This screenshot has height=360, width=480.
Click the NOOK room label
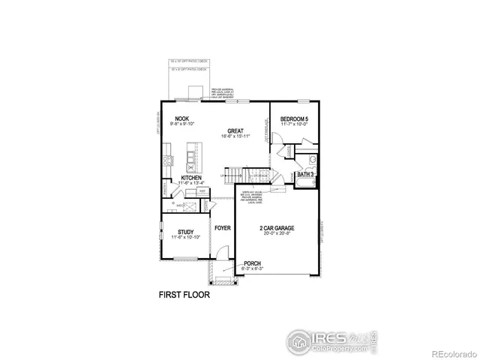click(x=181, y=118)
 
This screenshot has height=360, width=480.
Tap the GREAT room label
click(x=235, y=130)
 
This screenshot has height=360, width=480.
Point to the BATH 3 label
click(x=305, y=174)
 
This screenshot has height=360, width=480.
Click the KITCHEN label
click(x=190, y=178)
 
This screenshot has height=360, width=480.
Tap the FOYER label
click(x=223, y=226)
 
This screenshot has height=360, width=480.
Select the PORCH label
click(x=253, y=263)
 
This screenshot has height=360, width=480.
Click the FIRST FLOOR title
click(x=184, y=295)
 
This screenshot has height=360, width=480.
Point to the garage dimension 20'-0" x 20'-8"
click(x=277, y=233)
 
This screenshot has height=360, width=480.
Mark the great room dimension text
click(x=235, y=136)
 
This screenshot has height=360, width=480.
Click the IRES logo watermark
click(x=330, y=340)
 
